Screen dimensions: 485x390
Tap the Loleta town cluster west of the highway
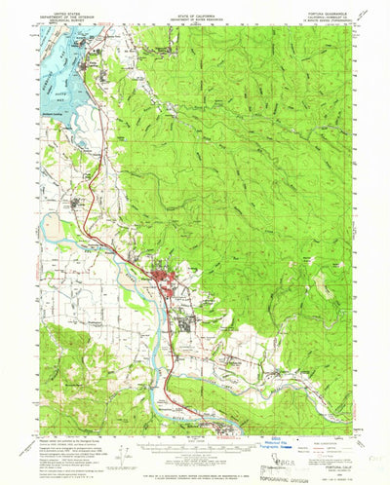pyautogui.click(x=80, y=203)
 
